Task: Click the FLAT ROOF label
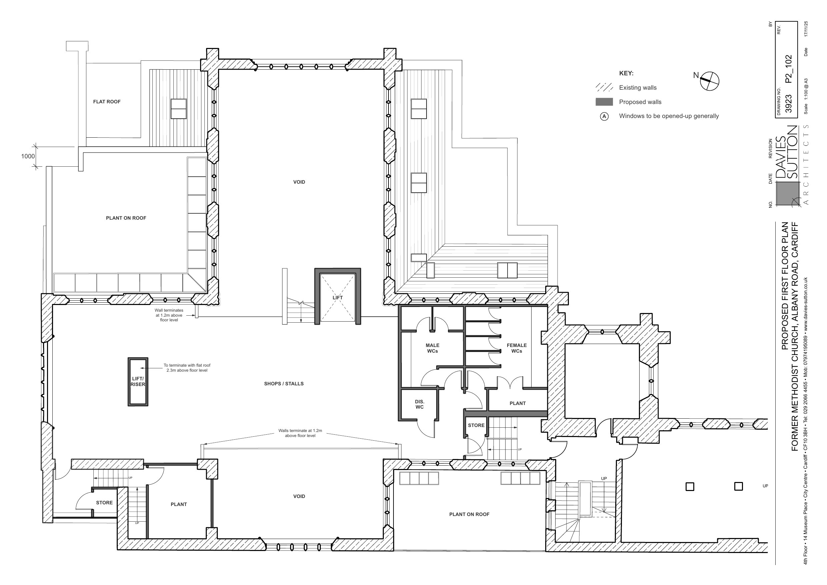tap(107, 102)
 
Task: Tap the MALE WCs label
tap(433, 348)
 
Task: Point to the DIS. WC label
tap(420, 404)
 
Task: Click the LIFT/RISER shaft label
tap(138, 381)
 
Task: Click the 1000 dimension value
tap(28, 156)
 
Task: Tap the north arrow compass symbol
tap(709, 81)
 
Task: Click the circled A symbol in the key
tap(604, 116)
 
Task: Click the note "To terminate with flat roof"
tap(187, 365)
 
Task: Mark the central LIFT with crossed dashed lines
tap(338, 298)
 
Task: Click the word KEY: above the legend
tap(626, 73)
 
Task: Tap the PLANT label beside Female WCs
tap(518, 403)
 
